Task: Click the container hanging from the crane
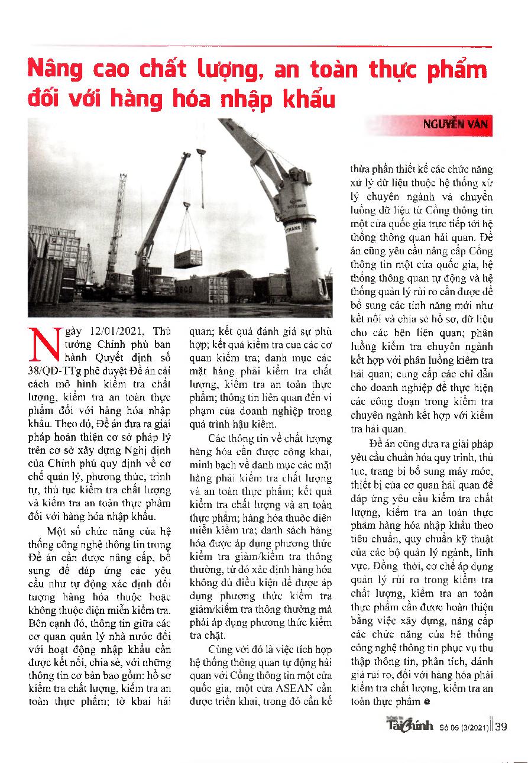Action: point(188,258)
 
